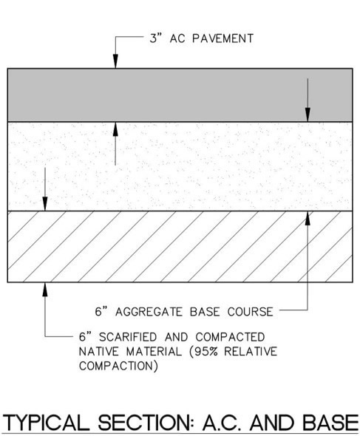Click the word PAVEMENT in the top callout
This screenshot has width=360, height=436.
[223, 38]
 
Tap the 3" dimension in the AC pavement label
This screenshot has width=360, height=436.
[156, 38]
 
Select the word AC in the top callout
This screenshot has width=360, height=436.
[177, 38]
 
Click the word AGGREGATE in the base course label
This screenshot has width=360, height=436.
[149, 312]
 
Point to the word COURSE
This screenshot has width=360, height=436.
[251, 312]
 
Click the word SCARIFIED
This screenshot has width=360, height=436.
[128, 337]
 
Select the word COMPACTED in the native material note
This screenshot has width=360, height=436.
[230, 337]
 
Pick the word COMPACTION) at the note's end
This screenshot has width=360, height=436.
[118, 366]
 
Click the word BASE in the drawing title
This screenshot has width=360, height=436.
[330, 423]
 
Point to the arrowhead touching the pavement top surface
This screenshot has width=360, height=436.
[115, 61]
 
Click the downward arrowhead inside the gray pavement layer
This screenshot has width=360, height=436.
[308, 115]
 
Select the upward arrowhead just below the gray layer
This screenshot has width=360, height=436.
[115, 129]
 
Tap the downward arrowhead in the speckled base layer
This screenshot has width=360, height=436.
[45, 204]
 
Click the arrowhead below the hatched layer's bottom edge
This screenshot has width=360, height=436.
[45, 290]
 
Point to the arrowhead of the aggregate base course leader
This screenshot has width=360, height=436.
[308, 218]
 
